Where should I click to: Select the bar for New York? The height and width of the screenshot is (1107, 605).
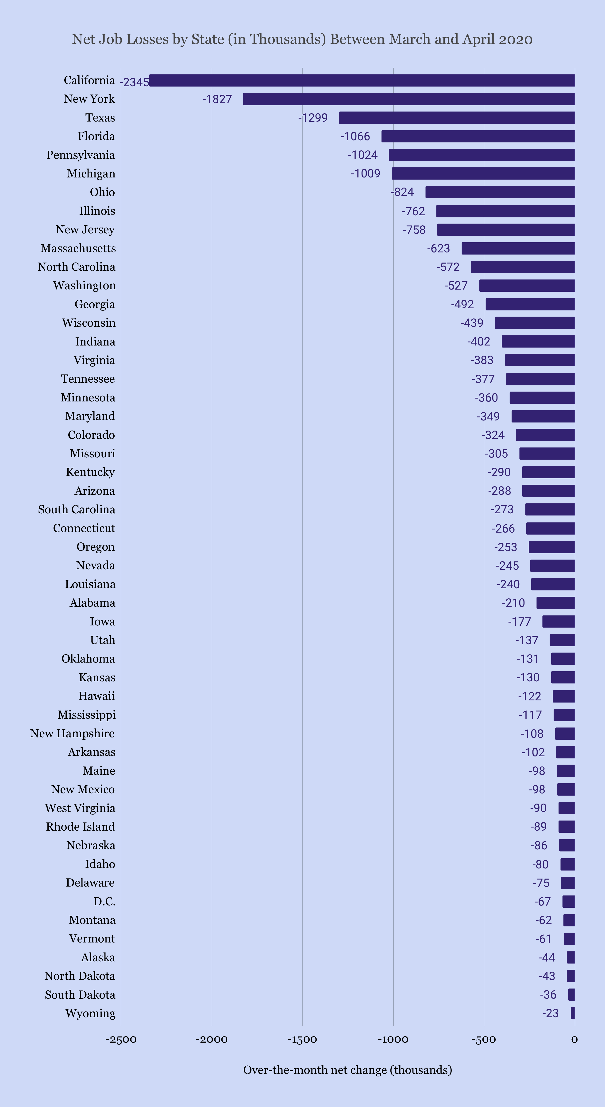[x=409, y=99]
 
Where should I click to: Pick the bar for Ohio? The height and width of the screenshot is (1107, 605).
[x=500, y=192]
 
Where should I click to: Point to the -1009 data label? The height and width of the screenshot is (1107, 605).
[x=365, y=174]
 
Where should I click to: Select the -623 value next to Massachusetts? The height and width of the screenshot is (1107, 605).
[x=438, y=248]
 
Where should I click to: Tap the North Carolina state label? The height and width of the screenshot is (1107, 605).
[x=77, y=267]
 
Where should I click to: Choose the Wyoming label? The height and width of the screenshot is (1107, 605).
[x=90, y=1013]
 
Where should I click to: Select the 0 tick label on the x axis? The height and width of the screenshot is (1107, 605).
[x=574, y=1040]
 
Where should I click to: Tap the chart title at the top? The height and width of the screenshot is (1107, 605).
[x=302, y=39]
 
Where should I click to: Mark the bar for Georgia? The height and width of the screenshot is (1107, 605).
[x=530, y=304]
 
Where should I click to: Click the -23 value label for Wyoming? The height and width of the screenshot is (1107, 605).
[x=551, y=1013]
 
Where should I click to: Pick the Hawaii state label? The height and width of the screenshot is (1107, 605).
[x=97, y=696]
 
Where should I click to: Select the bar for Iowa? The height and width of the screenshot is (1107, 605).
[x=558, y=621]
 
